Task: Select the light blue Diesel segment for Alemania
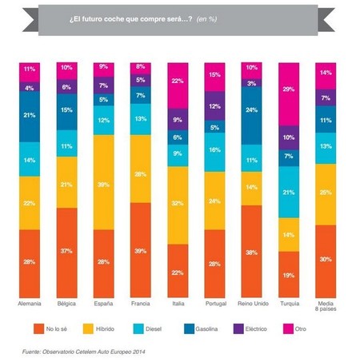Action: click(x=30, y=159)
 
